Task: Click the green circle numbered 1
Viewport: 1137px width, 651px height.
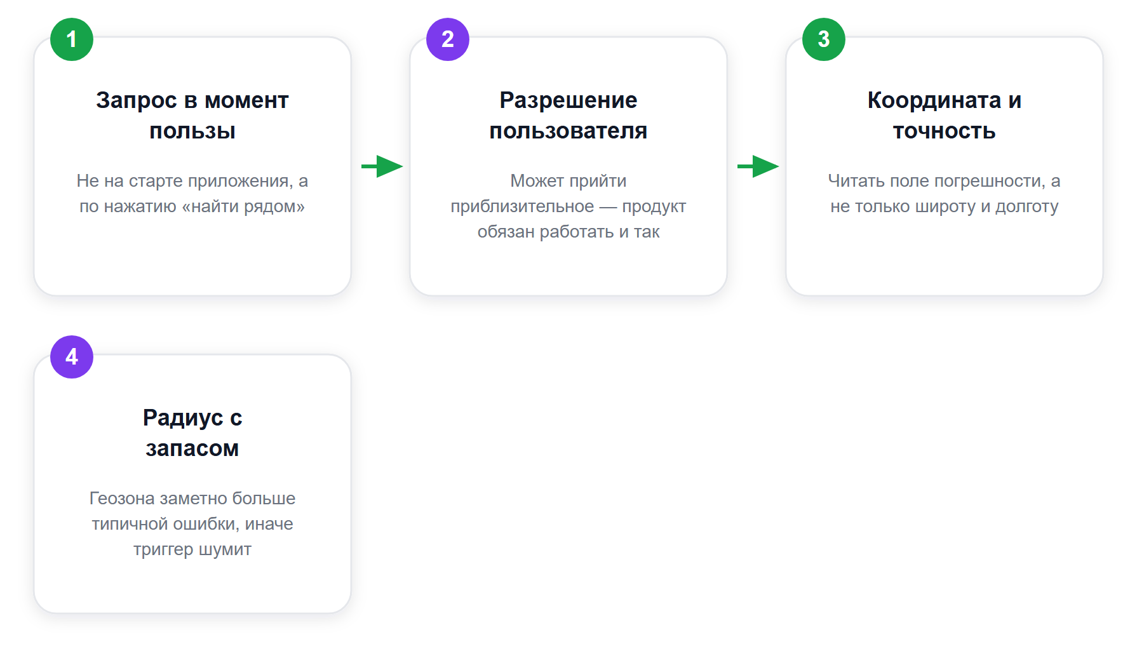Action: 72,39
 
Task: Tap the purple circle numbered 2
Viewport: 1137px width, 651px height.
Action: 448,39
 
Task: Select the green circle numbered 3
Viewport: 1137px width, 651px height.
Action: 824,39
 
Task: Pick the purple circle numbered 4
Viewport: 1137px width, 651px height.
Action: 72,357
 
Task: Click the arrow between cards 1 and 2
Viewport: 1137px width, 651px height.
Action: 382,166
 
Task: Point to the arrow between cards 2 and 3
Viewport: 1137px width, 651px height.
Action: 758,166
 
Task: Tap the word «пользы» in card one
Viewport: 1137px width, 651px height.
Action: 192,131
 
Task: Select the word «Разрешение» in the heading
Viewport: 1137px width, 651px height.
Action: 568,100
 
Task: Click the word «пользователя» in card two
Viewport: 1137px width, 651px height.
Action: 568,131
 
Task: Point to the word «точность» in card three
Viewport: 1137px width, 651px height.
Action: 945,131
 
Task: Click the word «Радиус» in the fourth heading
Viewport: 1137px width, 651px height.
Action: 183,418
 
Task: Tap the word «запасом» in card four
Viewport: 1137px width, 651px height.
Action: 192,449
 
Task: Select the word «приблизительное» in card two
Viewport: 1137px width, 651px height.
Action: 522,207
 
